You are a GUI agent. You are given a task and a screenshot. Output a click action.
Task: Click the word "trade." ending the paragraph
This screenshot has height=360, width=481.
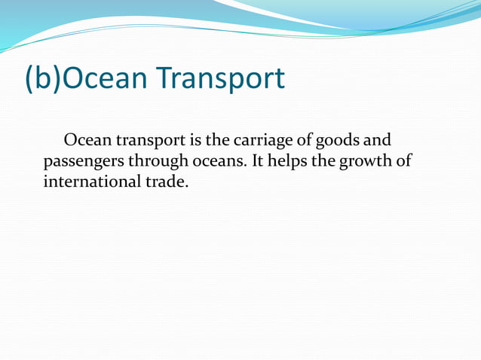(x=164, y=182)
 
